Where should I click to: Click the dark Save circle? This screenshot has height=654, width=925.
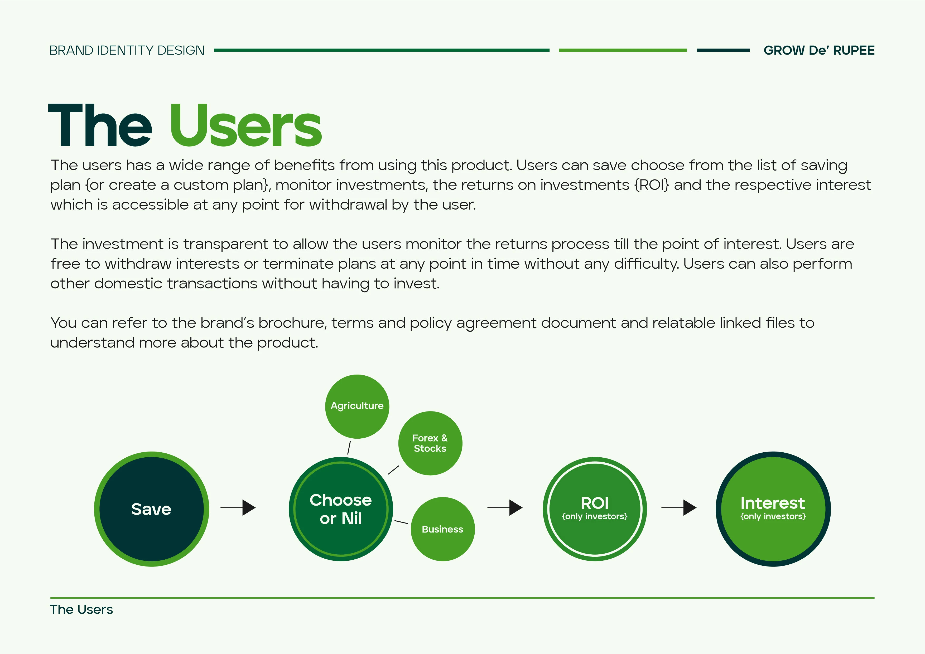coord(151,509)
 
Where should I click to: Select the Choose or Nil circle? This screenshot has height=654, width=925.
coord(341,509)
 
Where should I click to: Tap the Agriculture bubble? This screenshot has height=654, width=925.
coord(357,406)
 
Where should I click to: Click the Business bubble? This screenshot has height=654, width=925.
coord(443,529)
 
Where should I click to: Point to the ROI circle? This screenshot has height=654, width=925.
coord(595,509)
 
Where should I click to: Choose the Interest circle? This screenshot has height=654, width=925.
coord(773,509)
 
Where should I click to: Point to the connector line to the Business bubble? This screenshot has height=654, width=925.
coord(401,522)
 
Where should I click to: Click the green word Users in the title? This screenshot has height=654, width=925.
coord(246,126)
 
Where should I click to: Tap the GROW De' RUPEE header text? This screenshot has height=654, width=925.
coord(819,50)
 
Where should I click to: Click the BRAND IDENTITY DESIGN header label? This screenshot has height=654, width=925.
coord(127,50)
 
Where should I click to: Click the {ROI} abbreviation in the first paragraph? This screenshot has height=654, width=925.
coord(652,185)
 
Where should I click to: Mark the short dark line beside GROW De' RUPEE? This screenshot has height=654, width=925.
coord(723,50)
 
